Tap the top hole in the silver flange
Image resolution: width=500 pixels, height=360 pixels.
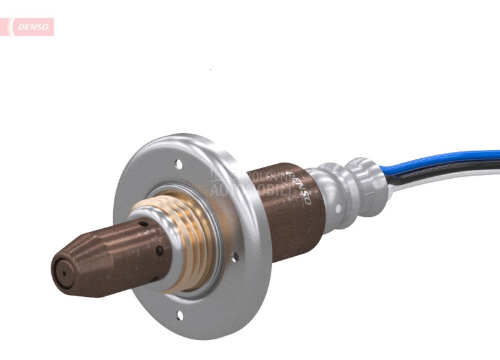179,166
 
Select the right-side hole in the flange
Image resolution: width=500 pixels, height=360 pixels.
235,256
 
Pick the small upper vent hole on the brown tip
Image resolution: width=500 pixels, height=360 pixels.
143,224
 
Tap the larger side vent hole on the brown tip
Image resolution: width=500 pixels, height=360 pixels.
160,251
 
